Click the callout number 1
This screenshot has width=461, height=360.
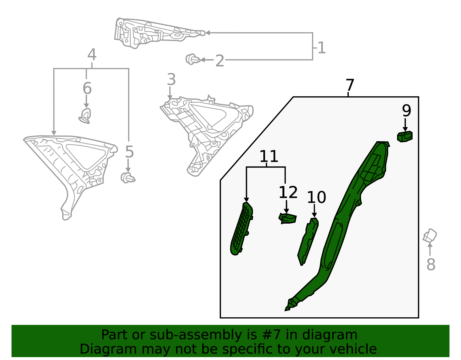[x=322, y=48]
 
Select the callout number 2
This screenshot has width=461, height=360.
[x=220, y=61]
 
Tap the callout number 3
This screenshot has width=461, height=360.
[x=171, y=80]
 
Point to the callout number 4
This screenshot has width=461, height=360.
[x=92, y=55]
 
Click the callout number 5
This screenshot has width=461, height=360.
[x=129, y=152]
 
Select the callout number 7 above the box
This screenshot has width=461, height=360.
[x=350, y=85]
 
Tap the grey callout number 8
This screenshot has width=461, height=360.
[x=431, y=265]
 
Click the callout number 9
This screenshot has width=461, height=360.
[x=407, y=110]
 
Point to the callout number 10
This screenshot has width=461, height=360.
[x=316, y=197]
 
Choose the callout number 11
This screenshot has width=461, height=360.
[x=269, y=156]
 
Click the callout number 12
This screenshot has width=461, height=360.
[x=288, y=193]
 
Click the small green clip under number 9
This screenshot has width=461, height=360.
[x=405, y=137]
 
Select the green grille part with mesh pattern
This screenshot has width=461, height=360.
[x=241, y=229]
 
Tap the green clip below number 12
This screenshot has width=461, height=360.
[x=288, y=219]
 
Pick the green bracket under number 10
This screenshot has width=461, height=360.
[x=308, y=242]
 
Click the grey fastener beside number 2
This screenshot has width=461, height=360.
[x=193, y=59]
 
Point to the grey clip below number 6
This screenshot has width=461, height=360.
[x=85, y=116]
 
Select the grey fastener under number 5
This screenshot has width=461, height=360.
[x=128, y=178]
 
